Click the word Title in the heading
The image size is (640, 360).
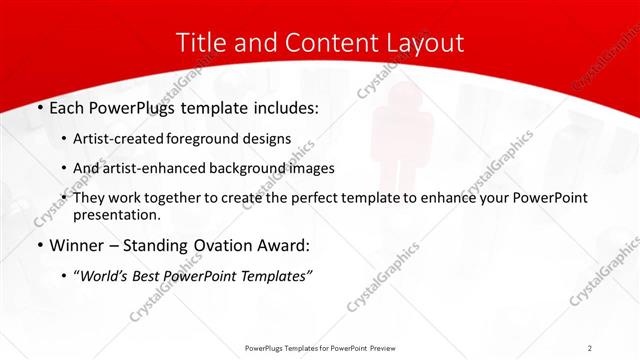200,43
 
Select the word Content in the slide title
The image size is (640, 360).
328,43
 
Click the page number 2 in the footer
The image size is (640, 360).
590,347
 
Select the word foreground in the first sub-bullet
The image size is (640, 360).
208,138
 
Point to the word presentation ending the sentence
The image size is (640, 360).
116,214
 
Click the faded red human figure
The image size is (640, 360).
389,140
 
